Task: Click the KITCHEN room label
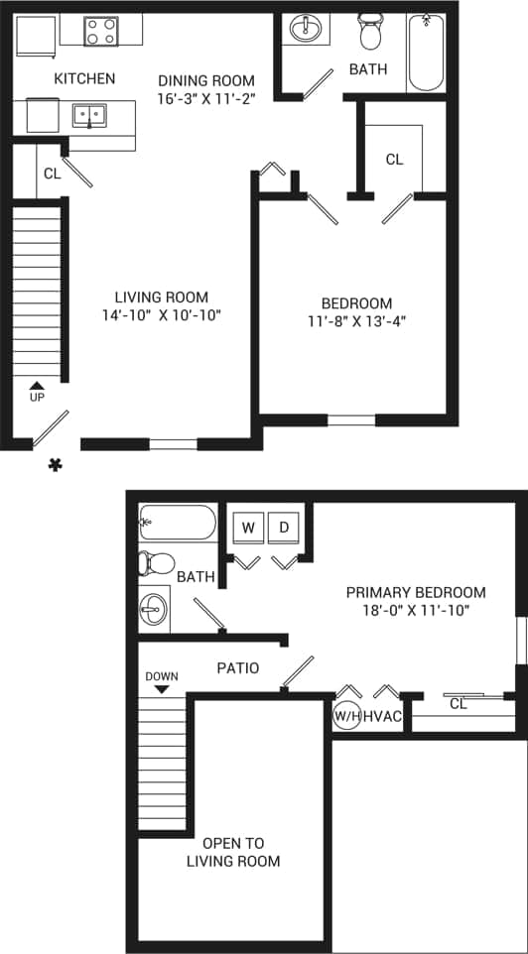(84, 78)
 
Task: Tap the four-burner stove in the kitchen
(99, 31)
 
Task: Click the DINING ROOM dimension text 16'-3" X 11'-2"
(206, 98)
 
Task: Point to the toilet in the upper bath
(371, 32)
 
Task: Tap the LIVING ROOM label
(161, 297)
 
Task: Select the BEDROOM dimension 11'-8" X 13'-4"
(356, 320)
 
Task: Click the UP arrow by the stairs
(37, 388)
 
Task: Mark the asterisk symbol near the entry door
(57, 463)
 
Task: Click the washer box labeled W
(248, 528)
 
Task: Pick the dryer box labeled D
(283, 528)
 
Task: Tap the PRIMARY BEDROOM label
(416, 592)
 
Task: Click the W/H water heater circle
(346, 714)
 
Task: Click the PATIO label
(238, 668)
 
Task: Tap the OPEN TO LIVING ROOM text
(233, 852)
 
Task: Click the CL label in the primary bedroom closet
(458, 704)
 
